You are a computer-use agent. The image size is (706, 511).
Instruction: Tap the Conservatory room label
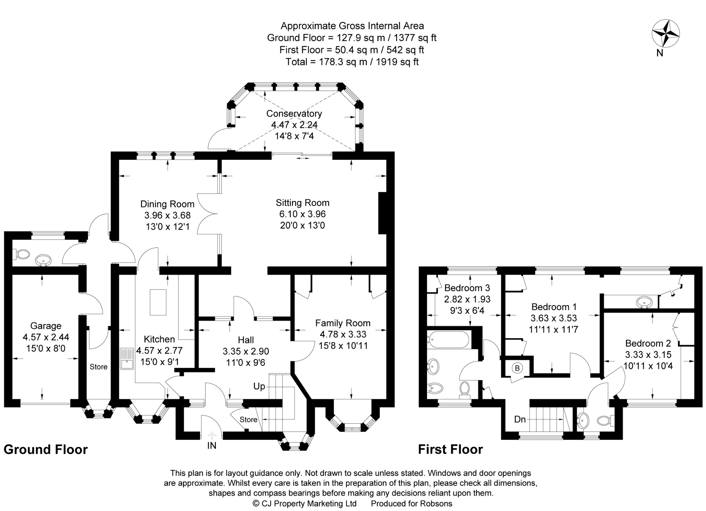pos(294,114)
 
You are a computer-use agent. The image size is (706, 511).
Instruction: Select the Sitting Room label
pos(302,203)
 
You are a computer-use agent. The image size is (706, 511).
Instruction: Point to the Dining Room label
pos(167,204)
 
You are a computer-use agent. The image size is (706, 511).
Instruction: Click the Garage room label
pos(46,326)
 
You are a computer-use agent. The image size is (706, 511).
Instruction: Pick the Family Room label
pos(343,323)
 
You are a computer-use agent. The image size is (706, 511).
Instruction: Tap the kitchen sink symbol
pos(127,359)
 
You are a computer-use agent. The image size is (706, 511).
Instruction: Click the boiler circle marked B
pos(517,368)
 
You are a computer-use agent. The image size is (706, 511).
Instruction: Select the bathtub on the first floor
pos(448,340)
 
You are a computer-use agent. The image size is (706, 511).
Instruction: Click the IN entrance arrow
pos(212,436)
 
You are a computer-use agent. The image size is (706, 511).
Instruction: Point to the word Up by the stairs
pos(259,386)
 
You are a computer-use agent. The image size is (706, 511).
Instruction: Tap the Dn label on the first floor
pos(520,419)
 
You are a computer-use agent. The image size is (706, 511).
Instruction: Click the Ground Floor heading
pos(46,450)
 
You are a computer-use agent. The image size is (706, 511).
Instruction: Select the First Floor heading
pos(450,450)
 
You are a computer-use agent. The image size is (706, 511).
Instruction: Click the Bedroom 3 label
pos(467,288)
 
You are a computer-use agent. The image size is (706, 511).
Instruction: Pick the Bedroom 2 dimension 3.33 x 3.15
pos(648,354)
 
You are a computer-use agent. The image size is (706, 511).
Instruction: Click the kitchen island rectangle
pos(158,302)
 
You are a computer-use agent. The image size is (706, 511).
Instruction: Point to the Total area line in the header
pos(352,62)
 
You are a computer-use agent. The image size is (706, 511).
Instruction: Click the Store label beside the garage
pos(99,367)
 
